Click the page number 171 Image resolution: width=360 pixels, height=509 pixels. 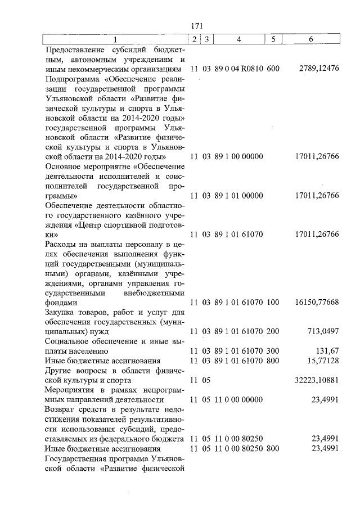point(196,26)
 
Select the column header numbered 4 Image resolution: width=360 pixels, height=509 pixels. point(239,39)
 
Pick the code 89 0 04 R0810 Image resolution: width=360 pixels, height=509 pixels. point(238,69)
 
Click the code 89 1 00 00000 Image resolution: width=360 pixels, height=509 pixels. point(238,156)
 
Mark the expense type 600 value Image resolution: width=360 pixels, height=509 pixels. point(273,69)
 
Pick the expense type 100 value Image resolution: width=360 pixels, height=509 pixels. point(273,302)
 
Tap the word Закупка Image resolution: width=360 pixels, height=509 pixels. point(60,312)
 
